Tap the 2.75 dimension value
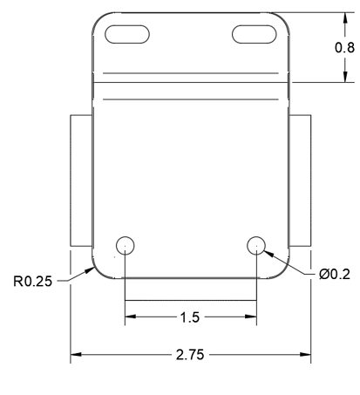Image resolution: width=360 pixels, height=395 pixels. pyautogui.click(x=191, y=355)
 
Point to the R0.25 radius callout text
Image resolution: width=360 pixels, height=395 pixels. pyautogui.click(x=31, y=282)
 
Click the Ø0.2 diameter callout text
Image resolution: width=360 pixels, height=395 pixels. pyautogui.click(x=335, y=275)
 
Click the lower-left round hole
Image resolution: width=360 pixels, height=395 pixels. pyautogui.click(x=125, y=244)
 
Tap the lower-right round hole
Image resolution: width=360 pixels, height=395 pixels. pyautogui.click(x=256, y=244)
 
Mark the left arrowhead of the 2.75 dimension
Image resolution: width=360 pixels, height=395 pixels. pyautogui.click(x=75, y=355)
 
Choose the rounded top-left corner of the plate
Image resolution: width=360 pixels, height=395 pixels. pyautogui.click(x=98, y=19)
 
